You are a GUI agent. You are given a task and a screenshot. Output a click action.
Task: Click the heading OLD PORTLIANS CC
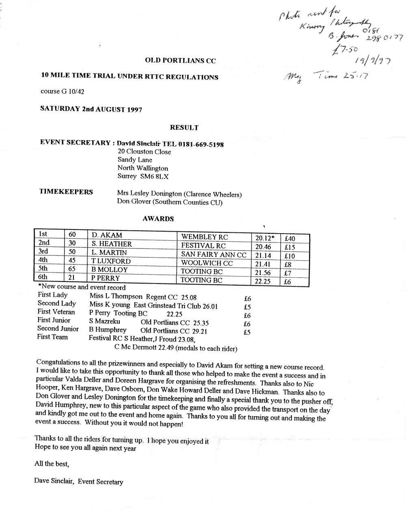click(180, 61)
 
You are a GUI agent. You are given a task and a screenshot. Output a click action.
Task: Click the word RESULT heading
click(184, 127)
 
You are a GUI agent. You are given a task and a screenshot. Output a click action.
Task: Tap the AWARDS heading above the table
click(158, 219)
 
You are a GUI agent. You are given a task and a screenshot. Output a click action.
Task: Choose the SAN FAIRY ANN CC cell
click(214, 255)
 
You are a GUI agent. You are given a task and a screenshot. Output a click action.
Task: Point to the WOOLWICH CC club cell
click(207, 263)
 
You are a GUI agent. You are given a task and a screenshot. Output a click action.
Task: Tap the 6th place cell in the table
click(43, 277)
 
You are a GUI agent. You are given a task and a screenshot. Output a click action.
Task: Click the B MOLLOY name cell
click(110, 270)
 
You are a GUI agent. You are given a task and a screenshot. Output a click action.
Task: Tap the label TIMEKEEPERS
click(66, 192)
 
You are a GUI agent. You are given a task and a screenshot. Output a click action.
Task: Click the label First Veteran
click(56, 311)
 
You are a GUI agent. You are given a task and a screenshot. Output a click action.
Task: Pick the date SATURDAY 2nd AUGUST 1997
click(91, 109)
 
